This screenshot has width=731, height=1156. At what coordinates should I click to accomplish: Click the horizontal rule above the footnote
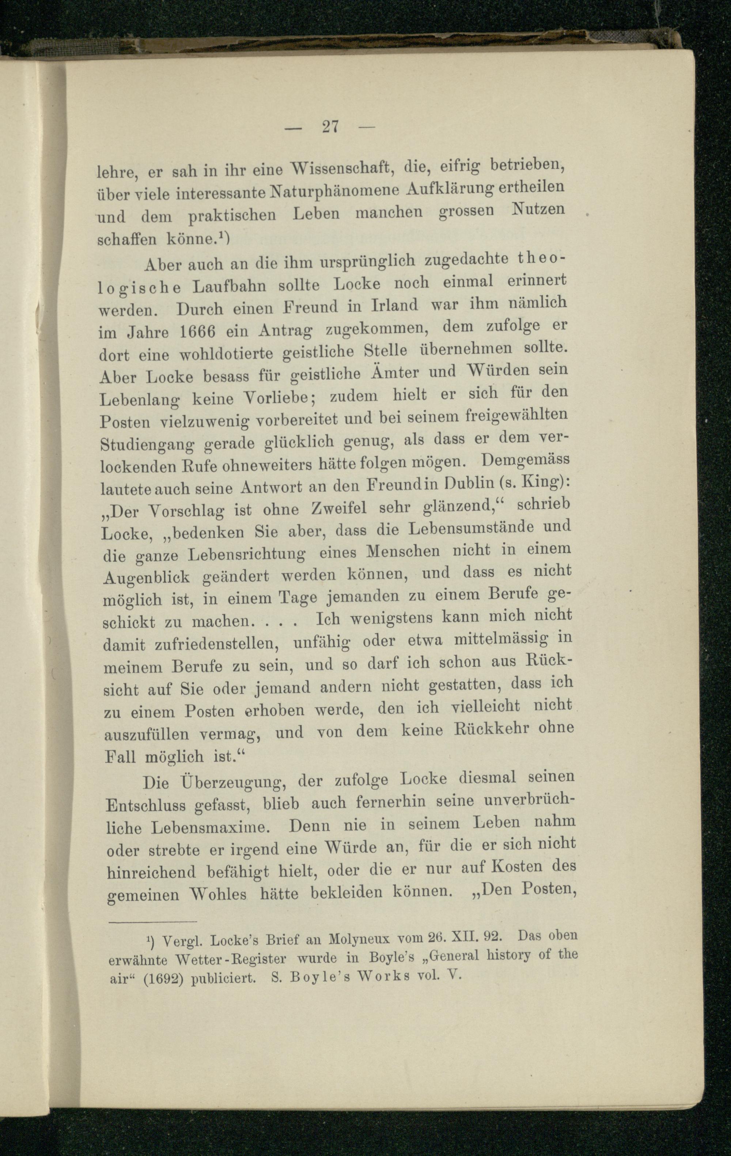(x=152, y=922)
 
